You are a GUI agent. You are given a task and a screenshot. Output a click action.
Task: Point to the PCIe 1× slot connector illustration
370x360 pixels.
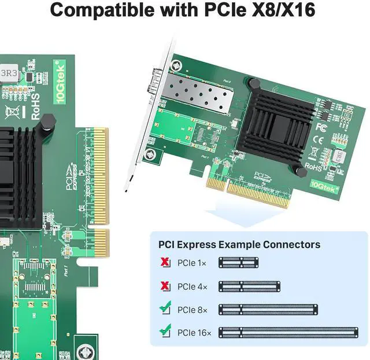point(238,263)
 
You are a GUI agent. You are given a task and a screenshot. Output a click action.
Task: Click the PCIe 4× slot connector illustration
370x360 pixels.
point(249,286)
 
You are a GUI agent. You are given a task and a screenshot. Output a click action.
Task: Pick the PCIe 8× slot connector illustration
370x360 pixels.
point(268,309)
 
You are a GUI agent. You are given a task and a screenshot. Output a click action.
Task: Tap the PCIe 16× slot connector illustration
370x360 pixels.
point(287,332)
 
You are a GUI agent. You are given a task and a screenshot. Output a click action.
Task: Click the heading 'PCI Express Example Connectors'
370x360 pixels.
point(235,244)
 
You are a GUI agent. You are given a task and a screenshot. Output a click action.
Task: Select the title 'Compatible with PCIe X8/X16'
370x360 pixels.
point(185,10)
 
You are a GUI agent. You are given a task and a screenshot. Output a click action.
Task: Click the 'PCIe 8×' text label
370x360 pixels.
point(193,310)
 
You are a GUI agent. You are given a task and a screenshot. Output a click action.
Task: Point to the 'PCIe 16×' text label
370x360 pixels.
point(194,333)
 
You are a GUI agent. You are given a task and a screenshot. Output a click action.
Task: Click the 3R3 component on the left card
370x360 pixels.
point(10,73)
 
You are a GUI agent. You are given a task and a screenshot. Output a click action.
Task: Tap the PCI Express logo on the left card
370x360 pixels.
point(69,176)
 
